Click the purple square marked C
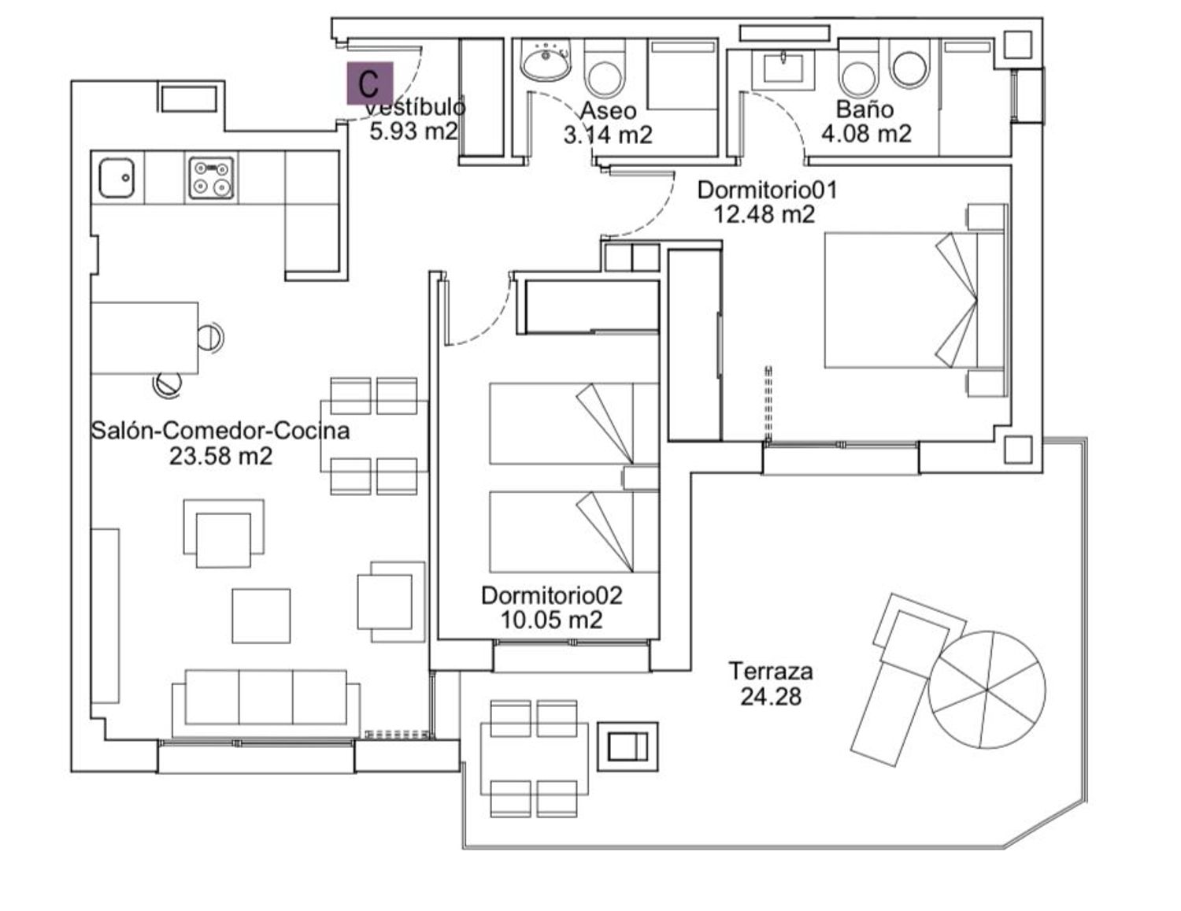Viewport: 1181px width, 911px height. pos(369,83)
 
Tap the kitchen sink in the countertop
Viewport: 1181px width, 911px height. pos(117,178)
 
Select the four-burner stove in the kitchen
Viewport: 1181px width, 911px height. pos(212,178)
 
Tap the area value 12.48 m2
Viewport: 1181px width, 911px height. pos(764,214)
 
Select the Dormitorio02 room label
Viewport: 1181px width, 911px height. pos(552,596)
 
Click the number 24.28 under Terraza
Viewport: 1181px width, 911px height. pos(771,696)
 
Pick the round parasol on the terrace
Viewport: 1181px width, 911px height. pos(987,689)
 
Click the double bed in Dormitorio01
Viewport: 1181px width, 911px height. pos(914,300)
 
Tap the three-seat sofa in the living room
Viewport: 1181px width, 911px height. pos(266,703)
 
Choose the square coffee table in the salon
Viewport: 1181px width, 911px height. pos(261,615)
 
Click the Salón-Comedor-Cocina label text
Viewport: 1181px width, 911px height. pos(220,431)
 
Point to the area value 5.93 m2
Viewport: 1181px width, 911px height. pos(413,131)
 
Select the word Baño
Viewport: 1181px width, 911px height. pos(864,109)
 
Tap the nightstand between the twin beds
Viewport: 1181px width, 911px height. pos(641,478)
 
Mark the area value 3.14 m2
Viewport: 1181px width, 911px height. pos(608,135)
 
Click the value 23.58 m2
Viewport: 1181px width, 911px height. pos(220,455)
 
